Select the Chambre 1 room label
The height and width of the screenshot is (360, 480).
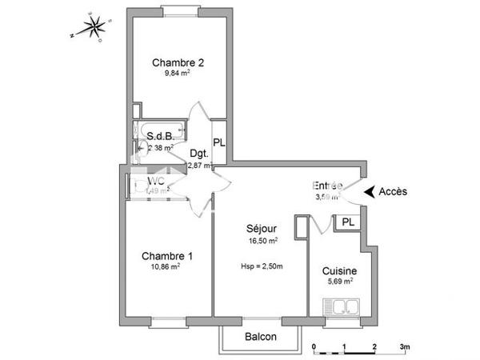[x=166, y=256]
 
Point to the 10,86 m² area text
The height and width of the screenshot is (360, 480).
[x=165, y=267]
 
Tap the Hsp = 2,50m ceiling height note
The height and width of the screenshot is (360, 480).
[x=262, y=266]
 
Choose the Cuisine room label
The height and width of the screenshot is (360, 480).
[x=340, y=271]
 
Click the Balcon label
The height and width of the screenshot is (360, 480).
[x=261, y=337]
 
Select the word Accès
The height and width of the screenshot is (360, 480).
[x=393, y=191]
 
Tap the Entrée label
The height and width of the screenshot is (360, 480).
[x=328, y=186]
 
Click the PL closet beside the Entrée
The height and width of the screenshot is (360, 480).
[x=348, y=222]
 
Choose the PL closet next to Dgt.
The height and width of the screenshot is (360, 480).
[x=219, y=142]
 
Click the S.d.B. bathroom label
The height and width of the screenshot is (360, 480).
[x=162, y=136]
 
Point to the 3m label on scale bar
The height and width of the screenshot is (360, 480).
[x=405, y=346]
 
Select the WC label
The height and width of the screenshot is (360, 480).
[x=155, y=182]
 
